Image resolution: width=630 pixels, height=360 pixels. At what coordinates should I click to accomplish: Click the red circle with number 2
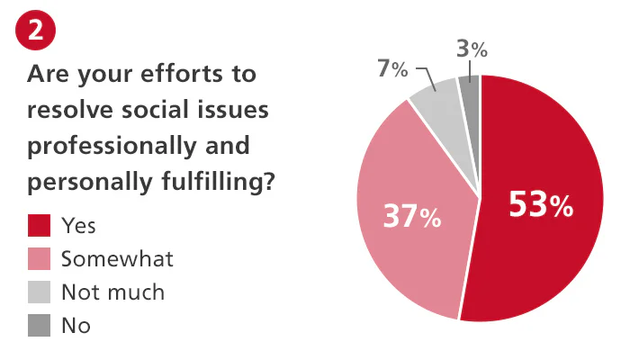tap(36, 31)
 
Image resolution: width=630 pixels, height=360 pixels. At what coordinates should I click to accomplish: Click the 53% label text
tap(540, 205)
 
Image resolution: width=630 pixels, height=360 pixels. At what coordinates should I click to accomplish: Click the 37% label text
tap(411, 216)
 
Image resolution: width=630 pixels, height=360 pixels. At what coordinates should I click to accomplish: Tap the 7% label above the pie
tap(392, 69)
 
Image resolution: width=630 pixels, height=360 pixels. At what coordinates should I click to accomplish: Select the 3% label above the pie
tap(472, 50)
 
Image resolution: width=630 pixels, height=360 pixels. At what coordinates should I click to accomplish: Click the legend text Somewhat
tap(117, 259)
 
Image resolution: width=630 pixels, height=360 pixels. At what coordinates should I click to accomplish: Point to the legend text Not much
tap(112, 292)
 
